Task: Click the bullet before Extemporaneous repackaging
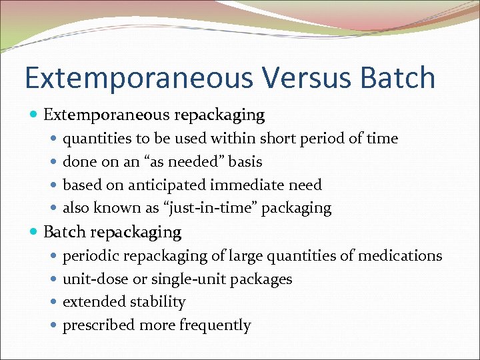point(34,115)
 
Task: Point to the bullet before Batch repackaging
point(34,233)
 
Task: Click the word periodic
point(88,256)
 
